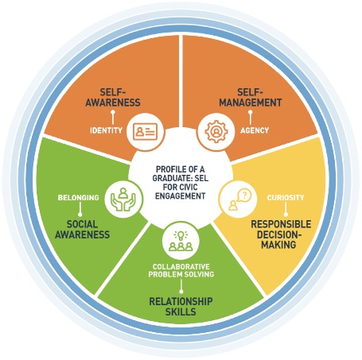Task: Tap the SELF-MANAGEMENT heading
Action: coord(249,97)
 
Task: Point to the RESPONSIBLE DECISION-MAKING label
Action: coord(280,234)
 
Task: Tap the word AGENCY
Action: coord(255,130)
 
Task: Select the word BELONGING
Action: coord(78,197)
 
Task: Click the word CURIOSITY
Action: coord(286,197)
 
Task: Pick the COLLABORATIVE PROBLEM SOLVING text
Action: coord(181,269)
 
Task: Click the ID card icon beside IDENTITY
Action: coord(145,130)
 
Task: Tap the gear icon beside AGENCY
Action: coord(215,130)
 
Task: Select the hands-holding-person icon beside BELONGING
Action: coord(124,197)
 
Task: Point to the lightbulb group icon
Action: coord(181,240)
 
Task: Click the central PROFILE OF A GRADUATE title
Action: coord(181,173)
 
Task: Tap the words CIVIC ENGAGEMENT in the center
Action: coord(181,195)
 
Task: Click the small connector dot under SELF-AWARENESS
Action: coord(112,113)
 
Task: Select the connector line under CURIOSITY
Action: coord(286,210)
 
